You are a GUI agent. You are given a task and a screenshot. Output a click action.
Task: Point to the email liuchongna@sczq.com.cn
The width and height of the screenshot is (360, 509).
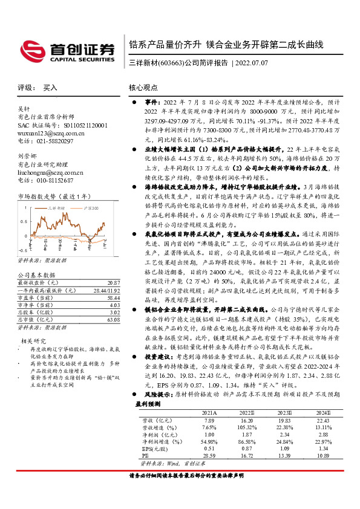pos(51,172)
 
